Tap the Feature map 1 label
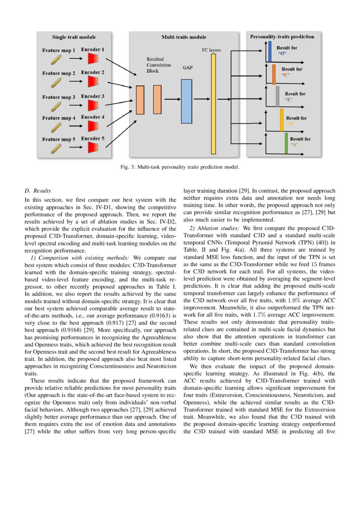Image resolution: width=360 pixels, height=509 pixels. pyautogui.click(x=58, y=51)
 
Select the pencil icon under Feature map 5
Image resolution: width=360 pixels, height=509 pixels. pyautogui.click(x=55, y=148)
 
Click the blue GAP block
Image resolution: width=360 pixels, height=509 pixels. pyautogui.click(x=186, y=101)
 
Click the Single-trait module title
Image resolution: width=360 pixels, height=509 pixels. pyautogui.click(x=74, y=37)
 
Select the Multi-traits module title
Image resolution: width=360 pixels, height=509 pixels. pyautogui.click(x=184, y=37)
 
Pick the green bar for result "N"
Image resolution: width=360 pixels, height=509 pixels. pyautogui.click(x=286, y=143)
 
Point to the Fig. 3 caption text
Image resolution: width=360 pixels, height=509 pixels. pyautogui.click(x=180, y=167)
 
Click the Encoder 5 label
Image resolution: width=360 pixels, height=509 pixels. pyautogui.click(x=92, y=138)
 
